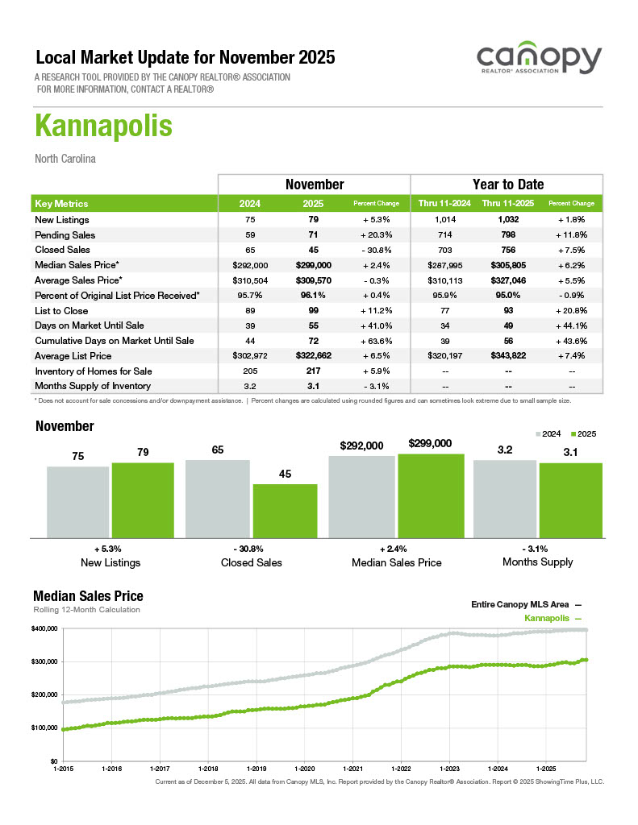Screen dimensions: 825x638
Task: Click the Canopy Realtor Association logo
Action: click(x=538, y=61)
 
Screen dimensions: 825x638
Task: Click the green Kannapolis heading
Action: click(x=103, y=127)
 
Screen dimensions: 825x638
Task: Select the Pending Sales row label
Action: click(x=65, y=235)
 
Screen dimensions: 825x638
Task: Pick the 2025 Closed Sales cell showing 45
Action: click(x=314, y=250)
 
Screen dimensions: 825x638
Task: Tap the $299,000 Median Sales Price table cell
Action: click(x=314, y=265)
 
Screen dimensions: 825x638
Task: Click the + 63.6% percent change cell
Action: click(x=377, y=341)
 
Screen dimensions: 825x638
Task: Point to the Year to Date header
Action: click(x=507, y=184)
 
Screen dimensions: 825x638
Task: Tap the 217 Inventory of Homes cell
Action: click(x=314, y=371)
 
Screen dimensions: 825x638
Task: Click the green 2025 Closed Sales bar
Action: click(x=285, y=510)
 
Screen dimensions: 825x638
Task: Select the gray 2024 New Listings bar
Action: click(x=77, y=501)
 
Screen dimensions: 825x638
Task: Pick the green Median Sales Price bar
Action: click(x=431, y=495)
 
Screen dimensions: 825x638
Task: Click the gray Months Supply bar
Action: click(x=504, y=498)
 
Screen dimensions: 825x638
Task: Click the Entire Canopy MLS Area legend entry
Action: click(x=525, y=604)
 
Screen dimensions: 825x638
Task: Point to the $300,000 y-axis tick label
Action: click(x=44, y=661)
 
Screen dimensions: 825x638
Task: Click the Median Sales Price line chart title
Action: click(x=88, y=596)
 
